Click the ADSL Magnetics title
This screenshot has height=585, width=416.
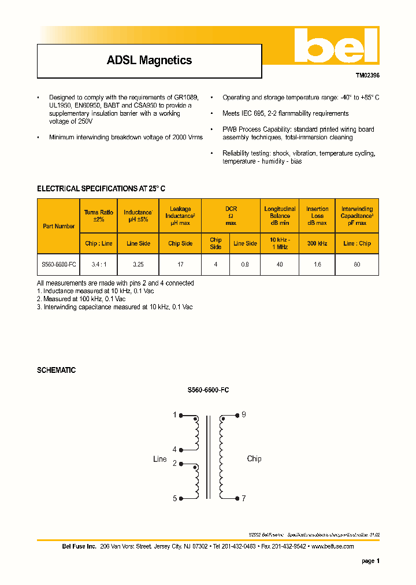[x=149, y=60]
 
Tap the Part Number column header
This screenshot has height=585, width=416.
[x=58, y=226]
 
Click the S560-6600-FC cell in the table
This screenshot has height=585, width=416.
[x=58, y=264]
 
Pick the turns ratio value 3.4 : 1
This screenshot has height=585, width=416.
[x=99, y=264]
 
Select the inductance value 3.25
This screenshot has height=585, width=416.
[x=138, y=264]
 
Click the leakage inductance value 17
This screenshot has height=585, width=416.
[x=180, y=264]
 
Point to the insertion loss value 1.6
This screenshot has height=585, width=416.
[x=317, y=264]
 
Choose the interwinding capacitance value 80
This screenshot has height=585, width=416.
[x=356, y=264]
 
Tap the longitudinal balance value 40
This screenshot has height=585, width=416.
[x=280, y=264]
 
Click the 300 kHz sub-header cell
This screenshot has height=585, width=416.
[x=317, y=243]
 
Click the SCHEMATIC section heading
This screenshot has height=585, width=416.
[x=57, y=370]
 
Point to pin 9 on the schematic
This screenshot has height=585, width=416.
[x=243, y=414]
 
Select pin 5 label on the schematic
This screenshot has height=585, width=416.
[x=174, y=498]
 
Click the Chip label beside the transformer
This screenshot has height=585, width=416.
[x=254, y=458]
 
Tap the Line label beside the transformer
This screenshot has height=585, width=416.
[x=159, y=459]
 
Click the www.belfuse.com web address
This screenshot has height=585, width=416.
[x=332, y=546]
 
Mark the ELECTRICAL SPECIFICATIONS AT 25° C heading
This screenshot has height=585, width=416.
[x=101, y=188]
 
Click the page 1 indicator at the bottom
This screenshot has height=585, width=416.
[x=370, y=561]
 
